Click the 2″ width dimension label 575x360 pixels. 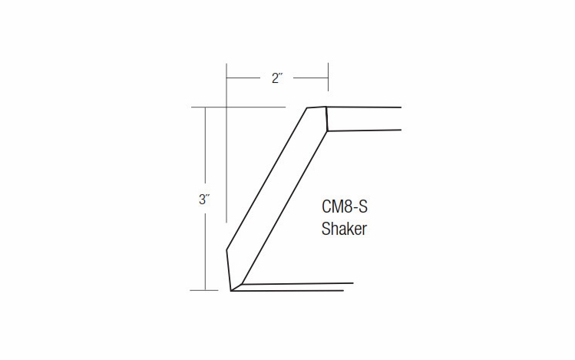277,78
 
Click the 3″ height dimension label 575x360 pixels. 204,200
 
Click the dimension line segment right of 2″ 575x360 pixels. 311,78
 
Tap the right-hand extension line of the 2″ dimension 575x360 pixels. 329,84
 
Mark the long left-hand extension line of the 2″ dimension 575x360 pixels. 226,154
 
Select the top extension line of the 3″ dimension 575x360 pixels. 238,106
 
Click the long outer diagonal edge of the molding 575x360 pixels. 267,178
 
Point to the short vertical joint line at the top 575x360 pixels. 326,119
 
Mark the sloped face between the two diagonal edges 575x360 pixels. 276,192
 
